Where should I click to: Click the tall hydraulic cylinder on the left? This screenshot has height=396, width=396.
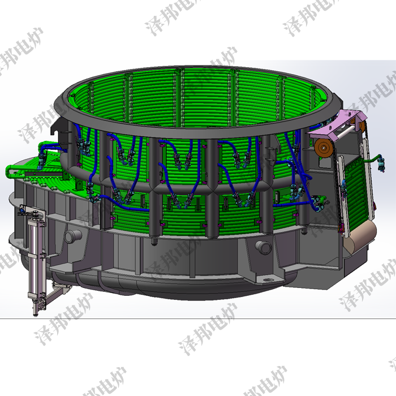click(x=35, y=255)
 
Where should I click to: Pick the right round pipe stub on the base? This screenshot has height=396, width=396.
click(x=262, y=246)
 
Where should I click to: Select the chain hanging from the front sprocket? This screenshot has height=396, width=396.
click(x=316, y=170)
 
